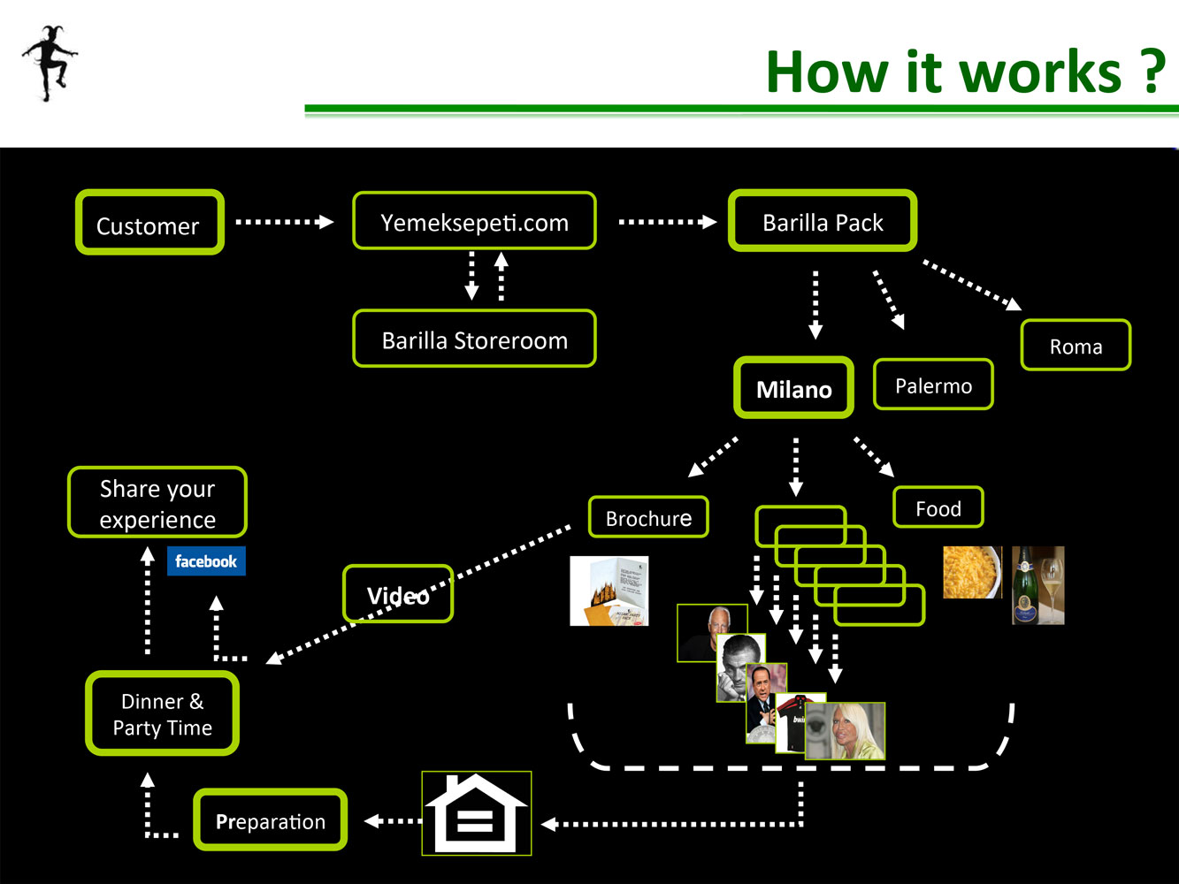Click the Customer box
tap(149, 222)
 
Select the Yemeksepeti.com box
tap(474, 221)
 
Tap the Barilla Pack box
tap(823, 221)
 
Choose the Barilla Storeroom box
tap(474, 339)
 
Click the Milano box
tap(794, 387)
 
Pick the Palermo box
tap(933, 385)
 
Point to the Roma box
tap(1076, 345)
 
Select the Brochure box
tap(648, 517)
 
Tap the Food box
tap(938, 507)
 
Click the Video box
tap(398, 594)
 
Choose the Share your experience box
tap(157, 502)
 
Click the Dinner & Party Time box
tap(162, 713)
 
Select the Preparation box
tap(270, 819)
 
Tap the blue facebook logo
tap(206, 560)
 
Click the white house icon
tap(477, 813)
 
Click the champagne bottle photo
tap(1037, 585)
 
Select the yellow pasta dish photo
tap(972, 572)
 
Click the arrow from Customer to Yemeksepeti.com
tap(285, 222)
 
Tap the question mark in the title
tap(1152, 72)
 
